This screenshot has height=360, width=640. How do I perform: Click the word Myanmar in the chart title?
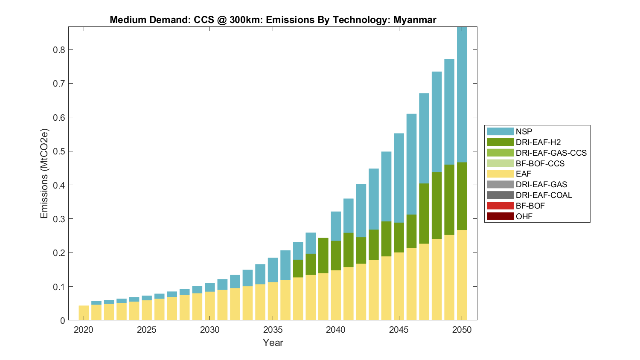point(414,20)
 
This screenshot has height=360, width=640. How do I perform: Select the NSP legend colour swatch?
point(500,131)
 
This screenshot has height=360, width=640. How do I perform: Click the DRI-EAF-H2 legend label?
point(538,142)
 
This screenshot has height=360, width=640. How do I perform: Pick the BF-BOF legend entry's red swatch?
point(500,206)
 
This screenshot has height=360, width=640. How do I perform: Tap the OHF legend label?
point(524,216)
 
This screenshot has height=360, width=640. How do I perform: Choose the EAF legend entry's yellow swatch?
point(500,174)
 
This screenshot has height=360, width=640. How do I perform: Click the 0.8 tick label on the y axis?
point(59,50)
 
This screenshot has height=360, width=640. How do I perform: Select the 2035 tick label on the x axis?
point(273,330)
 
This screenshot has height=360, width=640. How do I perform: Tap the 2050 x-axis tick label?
point(462,330)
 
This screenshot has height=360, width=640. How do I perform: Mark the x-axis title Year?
point(273,343)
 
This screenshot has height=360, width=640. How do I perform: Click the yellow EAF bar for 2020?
point(84,313)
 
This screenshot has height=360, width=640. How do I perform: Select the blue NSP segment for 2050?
point(462,94)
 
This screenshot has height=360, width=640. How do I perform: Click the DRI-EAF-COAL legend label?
point(544,195)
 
